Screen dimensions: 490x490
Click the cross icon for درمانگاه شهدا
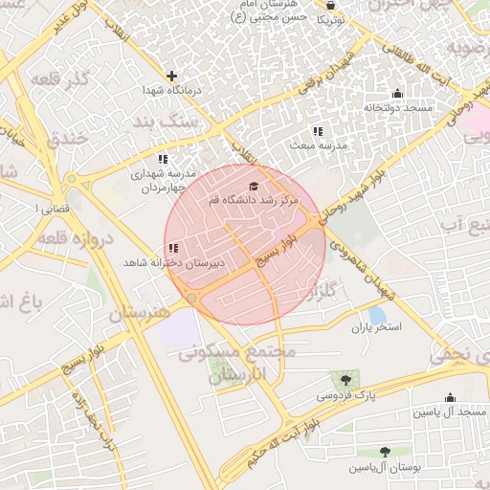tap(171, 76)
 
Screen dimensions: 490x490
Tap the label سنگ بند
tap(192, 122)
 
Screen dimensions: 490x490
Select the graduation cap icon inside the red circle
tap(253, 187)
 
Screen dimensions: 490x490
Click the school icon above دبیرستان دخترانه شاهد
tap(173, 248)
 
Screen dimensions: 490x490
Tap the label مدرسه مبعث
tap(318, 146)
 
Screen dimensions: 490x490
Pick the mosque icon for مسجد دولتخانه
tap(398, 93)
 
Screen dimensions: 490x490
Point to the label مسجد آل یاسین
tap(450, 412)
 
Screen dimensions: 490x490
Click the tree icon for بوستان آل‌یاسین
tap(385, 452)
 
